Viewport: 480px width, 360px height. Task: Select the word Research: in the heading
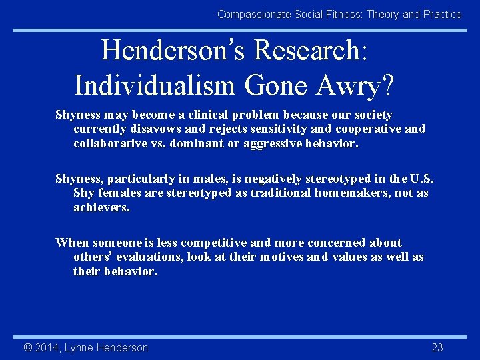pyautogui.click(x=311, y=50)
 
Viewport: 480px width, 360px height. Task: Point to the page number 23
pyautogui.click(x=437, y=347)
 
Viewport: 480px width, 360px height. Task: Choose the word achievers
pyautogui.click(x=101, y=207)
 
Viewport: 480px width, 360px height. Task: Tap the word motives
pyautogui.click(x=281, y=257)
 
